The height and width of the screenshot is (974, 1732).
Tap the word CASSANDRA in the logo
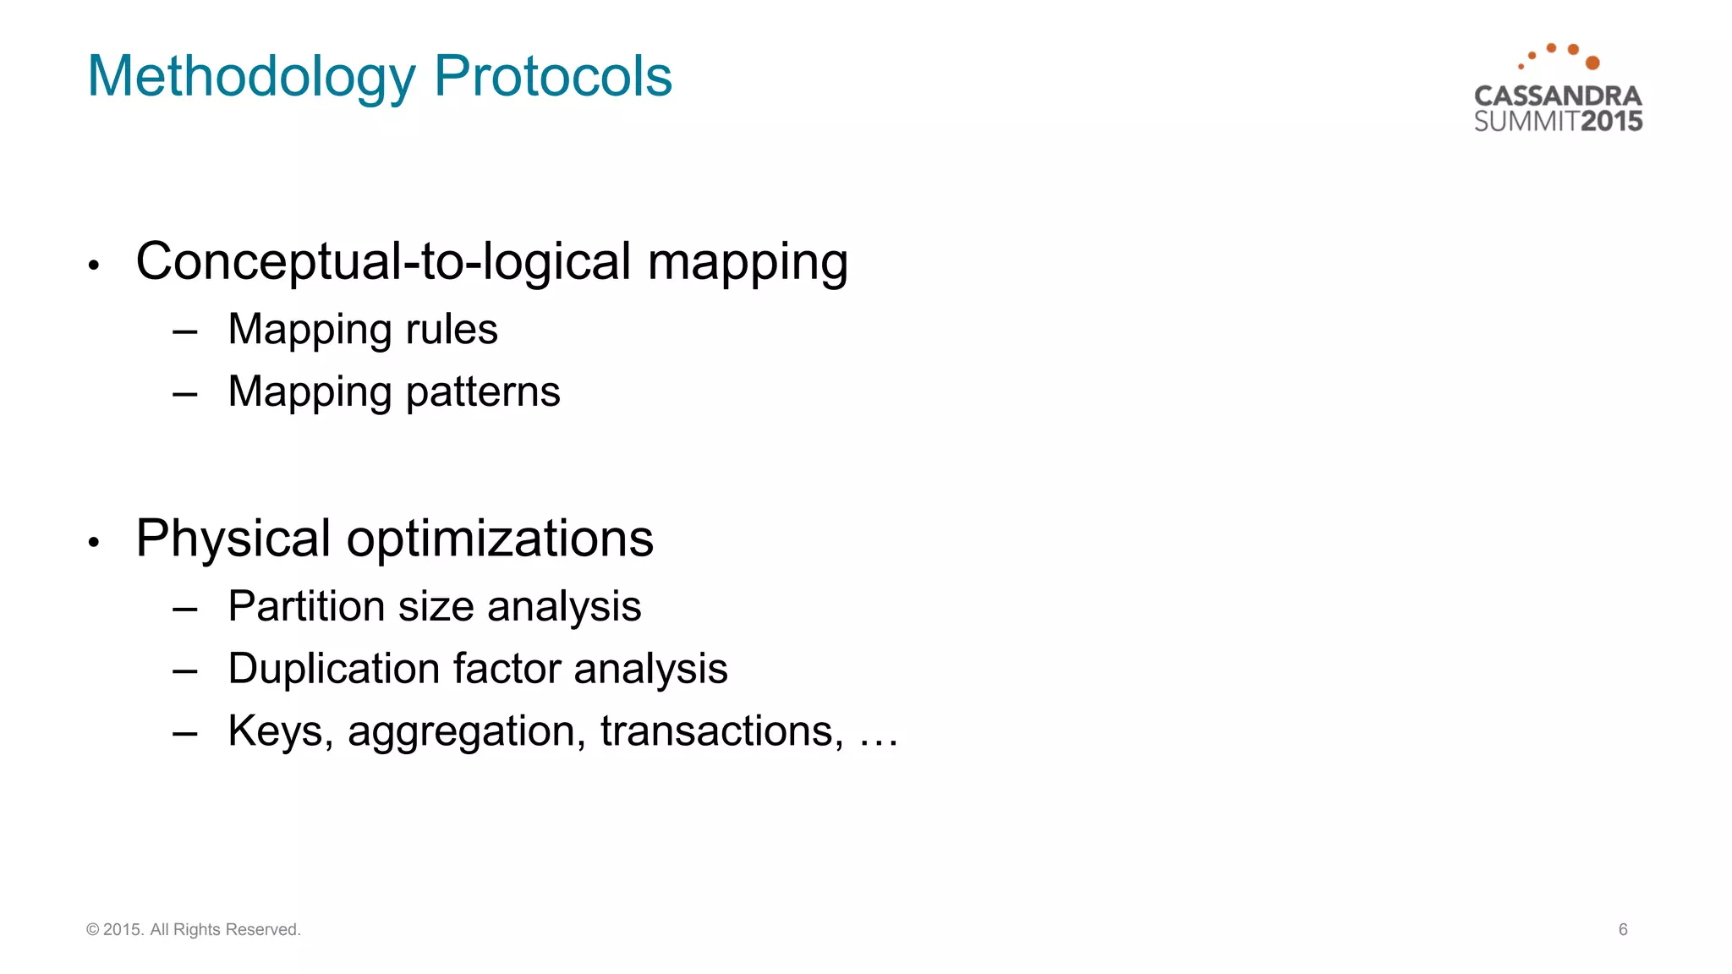click(1558, 96)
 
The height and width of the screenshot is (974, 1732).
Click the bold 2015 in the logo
click(1612, 122)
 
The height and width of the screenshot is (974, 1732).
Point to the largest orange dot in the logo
click(1592, 63)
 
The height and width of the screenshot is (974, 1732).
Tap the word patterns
click(483, 392)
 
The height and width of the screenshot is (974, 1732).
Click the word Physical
click(233, 539)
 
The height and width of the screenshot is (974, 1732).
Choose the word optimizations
click(500, 539)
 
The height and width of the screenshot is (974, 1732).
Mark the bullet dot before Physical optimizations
click(94, 542)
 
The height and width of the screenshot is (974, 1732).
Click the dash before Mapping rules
click(184, 331)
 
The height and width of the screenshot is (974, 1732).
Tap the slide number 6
click(1623, 930)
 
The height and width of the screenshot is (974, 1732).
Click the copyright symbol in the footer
click(93, 930)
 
